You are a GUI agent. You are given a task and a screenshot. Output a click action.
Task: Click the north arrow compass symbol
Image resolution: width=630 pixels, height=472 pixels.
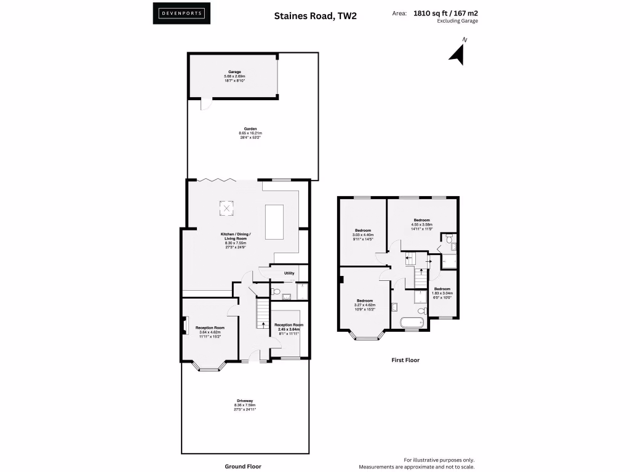tap(457, 53)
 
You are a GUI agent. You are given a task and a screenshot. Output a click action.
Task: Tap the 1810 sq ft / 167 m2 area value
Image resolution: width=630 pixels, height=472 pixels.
tap(445, 12)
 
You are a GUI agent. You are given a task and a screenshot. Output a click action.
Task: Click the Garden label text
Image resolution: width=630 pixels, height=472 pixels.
tap(250, 133)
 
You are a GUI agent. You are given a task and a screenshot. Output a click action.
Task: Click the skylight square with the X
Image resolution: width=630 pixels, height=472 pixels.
tap(227, 209)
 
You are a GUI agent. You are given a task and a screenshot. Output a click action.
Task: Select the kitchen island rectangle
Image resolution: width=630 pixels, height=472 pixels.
tap(275, 222)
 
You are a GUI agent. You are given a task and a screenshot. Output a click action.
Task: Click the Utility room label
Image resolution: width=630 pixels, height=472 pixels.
tap(289, 273)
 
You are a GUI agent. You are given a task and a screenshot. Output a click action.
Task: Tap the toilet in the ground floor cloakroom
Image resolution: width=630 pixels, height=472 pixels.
tap(276, 291)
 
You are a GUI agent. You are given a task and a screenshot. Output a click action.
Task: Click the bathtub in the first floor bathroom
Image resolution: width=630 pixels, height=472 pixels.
tap(409, 322)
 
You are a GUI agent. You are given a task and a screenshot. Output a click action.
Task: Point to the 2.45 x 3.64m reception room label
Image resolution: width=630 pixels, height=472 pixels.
tap(289, 327)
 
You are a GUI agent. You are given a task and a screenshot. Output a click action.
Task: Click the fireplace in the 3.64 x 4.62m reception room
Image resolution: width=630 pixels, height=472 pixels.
tap(184, 326)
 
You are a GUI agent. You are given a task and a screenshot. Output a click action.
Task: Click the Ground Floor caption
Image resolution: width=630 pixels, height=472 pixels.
tap(243, 466)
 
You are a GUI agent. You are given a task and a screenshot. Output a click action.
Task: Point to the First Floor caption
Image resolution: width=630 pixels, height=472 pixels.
tap(405, 360)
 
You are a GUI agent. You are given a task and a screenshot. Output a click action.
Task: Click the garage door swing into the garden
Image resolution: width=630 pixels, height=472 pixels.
tap(205, 104)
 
